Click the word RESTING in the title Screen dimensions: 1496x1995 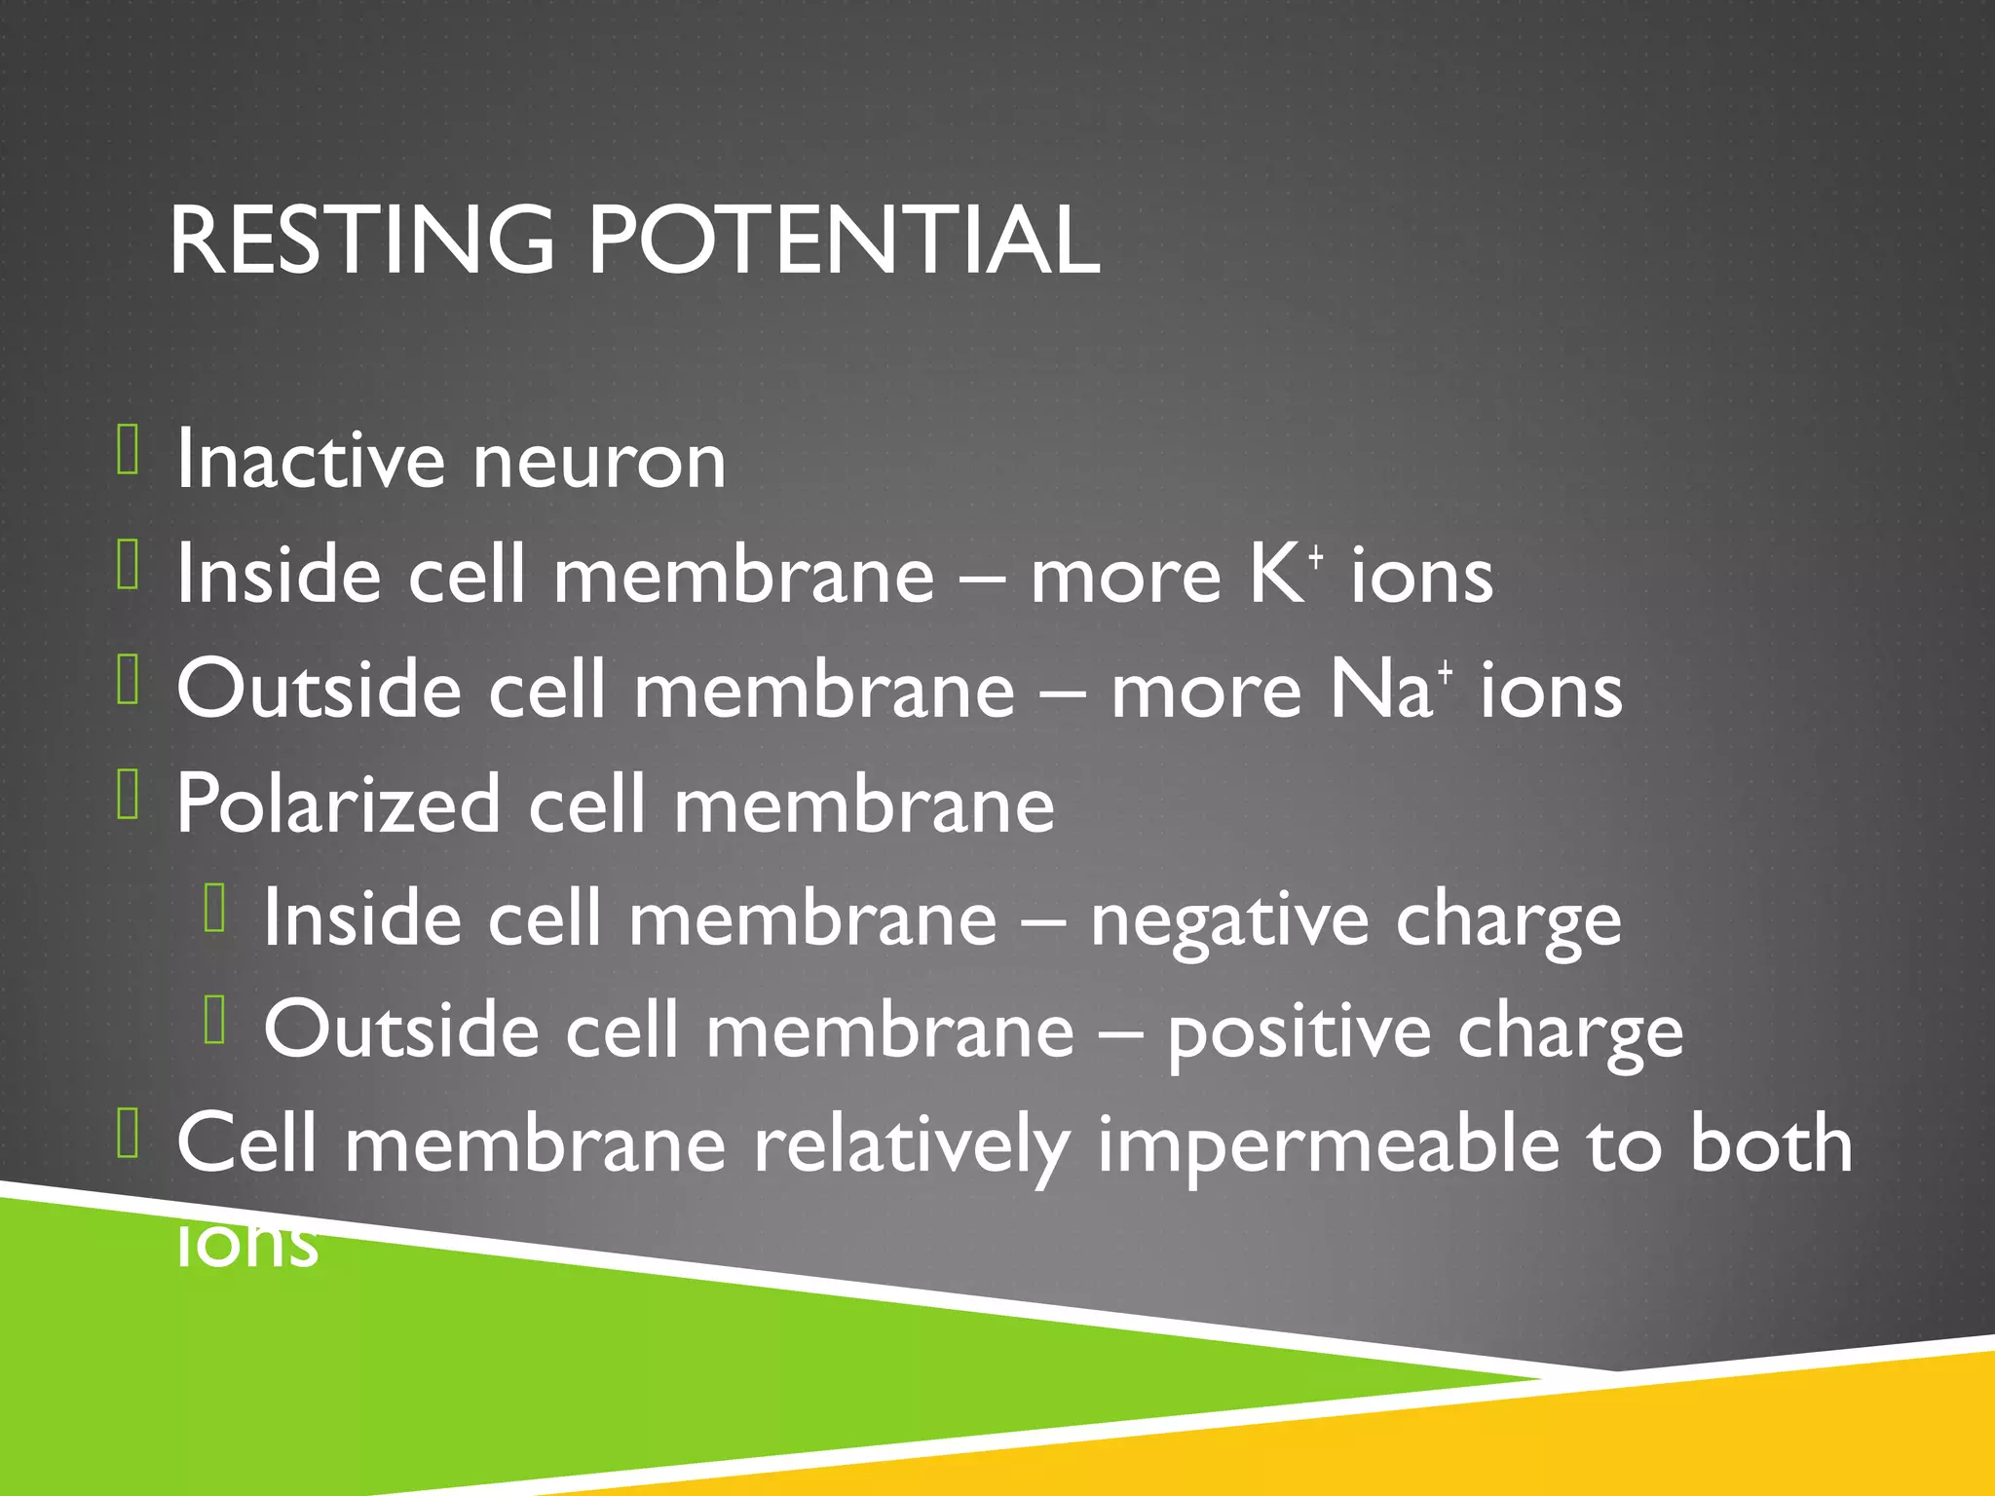click(361, 240)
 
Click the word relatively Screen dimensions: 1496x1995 click(912, 1145)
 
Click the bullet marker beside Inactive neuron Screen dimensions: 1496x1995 click(128, 449)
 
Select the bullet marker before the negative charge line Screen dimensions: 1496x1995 click(215, 908)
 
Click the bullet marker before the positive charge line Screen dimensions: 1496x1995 click(215, 1020)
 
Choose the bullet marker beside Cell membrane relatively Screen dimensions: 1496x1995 click(128, 1133)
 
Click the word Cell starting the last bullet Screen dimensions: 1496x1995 click(246, 1143)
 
